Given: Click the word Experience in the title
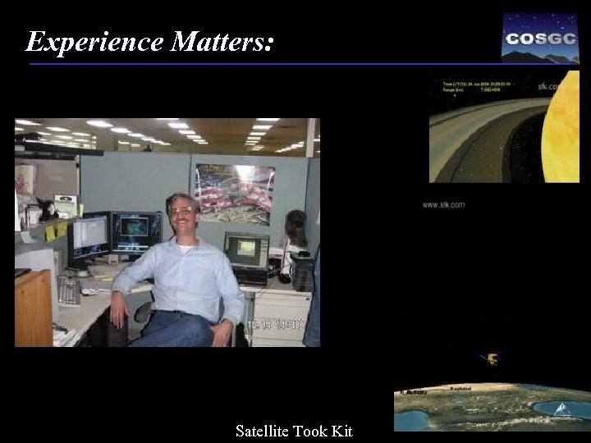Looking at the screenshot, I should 94,41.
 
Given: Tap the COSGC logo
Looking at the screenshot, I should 539,38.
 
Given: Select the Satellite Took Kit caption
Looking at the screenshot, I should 294,431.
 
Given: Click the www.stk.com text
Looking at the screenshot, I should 443,204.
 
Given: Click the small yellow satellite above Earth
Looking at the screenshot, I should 492,359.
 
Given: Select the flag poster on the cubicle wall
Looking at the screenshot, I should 235,194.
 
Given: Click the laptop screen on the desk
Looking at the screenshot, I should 245,251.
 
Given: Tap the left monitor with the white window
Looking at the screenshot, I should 89,237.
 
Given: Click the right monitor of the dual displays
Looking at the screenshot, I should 136,233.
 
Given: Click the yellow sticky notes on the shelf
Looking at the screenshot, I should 55,231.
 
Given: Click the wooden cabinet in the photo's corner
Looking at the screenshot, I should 34,309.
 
